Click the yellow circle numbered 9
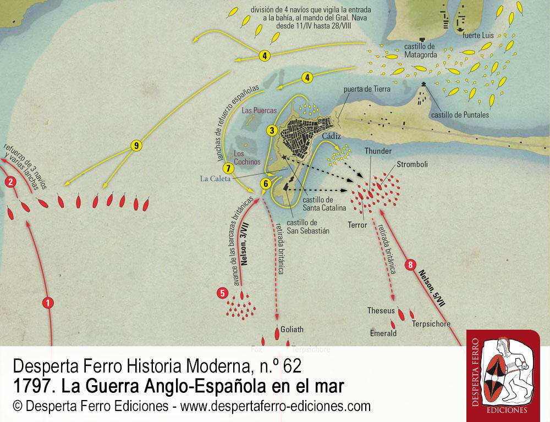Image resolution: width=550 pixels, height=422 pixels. click(x=136, y=146)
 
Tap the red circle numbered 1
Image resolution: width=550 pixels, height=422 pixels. click(x=48, y=302)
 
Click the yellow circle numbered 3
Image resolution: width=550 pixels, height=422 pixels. click(x=271, y=130)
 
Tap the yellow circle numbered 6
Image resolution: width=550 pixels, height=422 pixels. click(x=266, y=184)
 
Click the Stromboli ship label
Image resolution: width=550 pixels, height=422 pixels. click(x=413, y=164)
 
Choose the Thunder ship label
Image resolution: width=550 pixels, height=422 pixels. click(x=377, y=150)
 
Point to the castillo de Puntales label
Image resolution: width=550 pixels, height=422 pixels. click(x=460, y=115)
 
